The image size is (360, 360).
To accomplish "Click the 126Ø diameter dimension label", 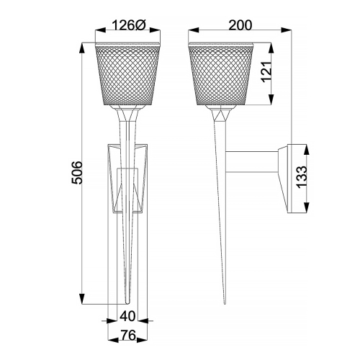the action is pos(129,25).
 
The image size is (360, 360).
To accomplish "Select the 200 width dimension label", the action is pos(240,25).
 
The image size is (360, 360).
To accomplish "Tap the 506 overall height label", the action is pos(77,173).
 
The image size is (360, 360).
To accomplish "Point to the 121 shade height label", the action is pos(266,72).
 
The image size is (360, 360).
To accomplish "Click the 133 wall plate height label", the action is pos(302,176).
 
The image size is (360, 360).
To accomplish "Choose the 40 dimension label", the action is pos(127,316).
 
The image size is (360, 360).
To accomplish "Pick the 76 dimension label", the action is pos(128,335).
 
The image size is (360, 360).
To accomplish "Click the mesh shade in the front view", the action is pos(127,74).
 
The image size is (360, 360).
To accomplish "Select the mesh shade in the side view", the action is pos(221,74).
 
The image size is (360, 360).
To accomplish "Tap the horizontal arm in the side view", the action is pos(252,162).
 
